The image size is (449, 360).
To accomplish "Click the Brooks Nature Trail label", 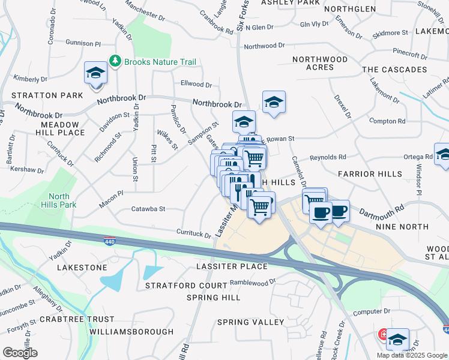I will point(160,62).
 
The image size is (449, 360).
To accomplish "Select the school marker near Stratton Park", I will point(95,74).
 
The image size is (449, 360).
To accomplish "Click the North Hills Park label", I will point(59,200).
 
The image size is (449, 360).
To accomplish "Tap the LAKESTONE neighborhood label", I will point(82,267).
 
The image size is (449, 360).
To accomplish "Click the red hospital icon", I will point(382,334).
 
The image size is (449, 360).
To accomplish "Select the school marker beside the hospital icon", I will point(397,340).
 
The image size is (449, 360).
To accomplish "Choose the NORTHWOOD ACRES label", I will point(320,63).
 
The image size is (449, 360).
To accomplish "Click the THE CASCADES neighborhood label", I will point(394,70).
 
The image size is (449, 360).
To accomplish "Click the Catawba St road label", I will point(148,209).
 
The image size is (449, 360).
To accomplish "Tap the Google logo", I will point(20,353).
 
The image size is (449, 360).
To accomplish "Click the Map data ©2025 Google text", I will point(411,355).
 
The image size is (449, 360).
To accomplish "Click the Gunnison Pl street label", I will point(71,44).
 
